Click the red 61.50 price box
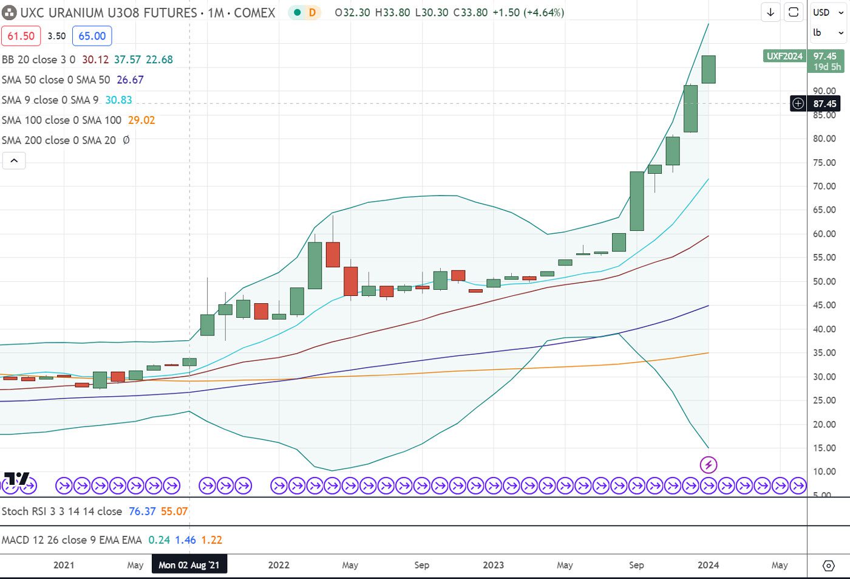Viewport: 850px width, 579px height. click(21, 36)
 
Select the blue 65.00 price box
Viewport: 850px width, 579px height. click(92, 36)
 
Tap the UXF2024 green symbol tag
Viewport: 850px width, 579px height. click(784, 56)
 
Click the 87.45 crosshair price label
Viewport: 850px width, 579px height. click(824, 104)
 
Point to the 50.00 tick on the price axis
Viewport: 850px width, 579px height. click(824, 281)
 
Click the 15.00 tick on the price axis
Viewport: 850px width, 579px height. click(824, 448)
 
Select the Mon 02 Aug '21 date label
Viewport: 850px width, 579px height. click(189, 565)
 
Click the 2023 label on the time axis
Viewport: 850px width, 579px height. click(493, 565)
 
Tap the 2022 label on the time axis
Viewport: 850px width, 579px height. click(279, 565)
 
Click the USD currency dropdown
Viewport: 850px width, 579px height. click(828, 13)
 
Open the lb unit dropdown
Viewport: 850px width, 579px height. click(828, 33)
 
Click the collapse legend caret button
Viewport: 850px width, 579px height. click(14, 160)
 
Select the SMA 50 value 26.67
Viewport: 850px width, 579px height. click(130, 80)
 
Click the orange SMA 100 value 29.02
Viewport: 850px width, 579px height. click(141, 120)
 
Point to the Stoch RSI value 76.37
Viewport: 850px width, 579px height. click(142, 512)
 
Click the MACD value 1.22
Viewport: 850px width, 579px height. click(211, 540)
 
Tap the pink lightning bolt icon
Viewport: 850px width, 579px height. click(709, 465)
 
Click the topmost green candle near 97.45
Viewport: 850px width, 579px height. click(709, 69)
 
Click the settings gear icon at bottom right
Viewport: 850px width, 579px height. click(828, 566)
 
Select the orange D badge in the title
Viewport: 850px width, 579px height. click(312, 13)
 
